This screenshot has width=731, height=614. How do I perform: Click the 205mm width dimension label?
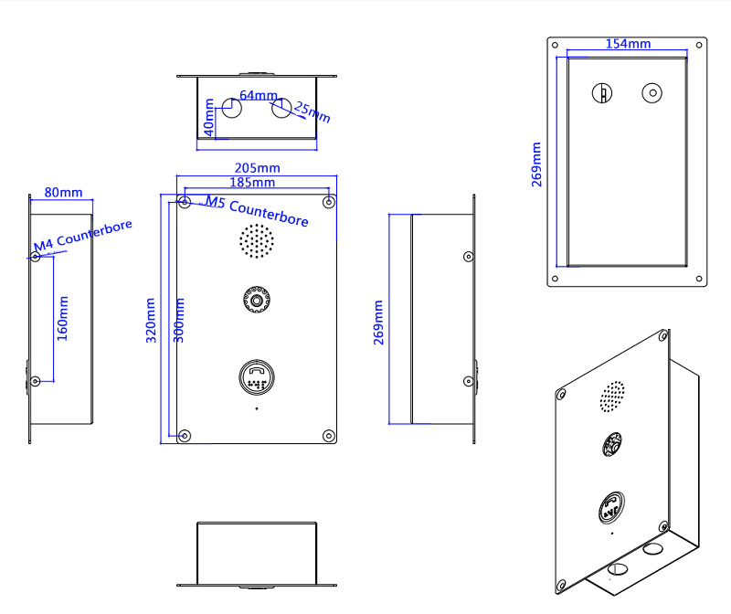tap(257, 168)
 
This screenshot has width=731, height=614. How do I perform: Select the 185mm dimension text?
tap(253, 184)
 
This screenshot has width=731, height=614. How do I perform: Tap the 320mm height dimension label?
tap(152, 319)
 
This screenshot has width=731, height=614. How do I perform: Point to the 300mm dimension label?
tap(179, 319)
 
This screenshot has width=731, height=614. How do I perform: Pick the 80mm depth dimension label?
tap(63, 193)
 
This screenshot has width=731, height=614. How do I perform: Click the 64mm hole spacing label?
tap(259, 95)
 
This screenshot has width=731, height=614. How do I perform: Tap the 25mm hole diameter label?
tap(313, 112)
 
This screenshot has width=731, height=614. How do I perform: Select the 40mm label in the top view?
tap(209, 119)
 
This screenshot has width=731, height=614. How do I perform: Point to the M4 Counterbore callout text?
tap(83, 235)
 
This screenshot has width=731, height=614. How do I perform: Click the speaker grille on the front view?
tap(257, 240)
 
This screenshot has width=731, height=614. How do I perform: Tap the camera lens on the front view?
tap(257, 299)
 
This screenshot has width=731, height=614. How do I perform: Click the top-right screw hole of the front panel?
tap(328, 201)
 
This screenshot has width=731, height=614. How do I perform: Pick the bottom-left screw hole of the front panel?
tap(185, 435)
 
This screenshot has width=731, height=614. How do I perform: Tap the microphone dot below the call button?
tap(257, 408)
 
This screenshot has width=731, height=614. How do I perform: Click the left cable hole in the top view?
tap(230, 108)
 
